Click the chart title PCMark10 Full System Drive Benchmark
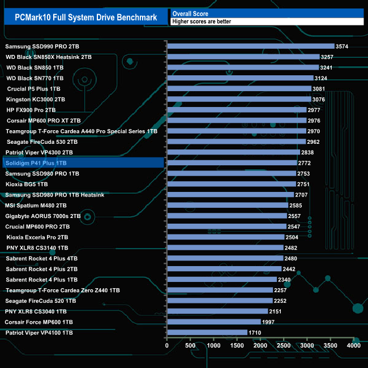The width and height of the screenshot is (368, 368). (85, 17)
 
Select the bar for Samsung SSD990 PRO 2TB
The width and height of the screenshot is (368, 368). (251, 46)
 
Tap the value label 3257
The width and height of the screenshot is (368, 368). (327, 57)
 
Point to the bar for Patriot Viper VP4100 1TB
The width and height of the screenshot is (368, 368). (207, 332)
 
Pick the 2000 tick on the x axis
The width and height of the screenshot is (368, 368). (260, 345)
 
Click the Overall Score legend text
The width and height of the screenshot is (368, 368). (190, 13)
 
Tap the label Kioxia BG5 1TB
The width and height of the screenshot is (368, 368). (27, 184)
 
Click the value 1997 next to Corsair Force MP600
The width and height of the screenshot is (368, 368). (269, 322)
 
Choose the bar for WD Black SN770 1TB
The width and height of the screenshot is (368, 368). (240, 78)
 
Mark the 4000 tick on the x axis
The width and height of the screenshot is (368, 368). (353, 345)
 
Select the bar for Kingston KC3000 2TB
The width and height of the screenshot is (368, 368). (239, 99)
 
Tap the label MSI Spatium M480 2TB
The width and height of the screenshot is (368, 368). (36, 206)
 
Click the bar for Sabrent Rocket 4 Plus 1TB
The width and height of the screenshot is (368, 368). (221, 280)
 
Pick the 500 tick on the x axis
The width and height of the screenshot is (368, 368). (190, 345)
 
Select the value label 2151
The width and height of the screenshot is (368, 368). (277, 311)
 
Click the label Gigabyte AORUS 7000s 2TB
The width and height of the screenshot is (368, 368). (43, 216)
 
